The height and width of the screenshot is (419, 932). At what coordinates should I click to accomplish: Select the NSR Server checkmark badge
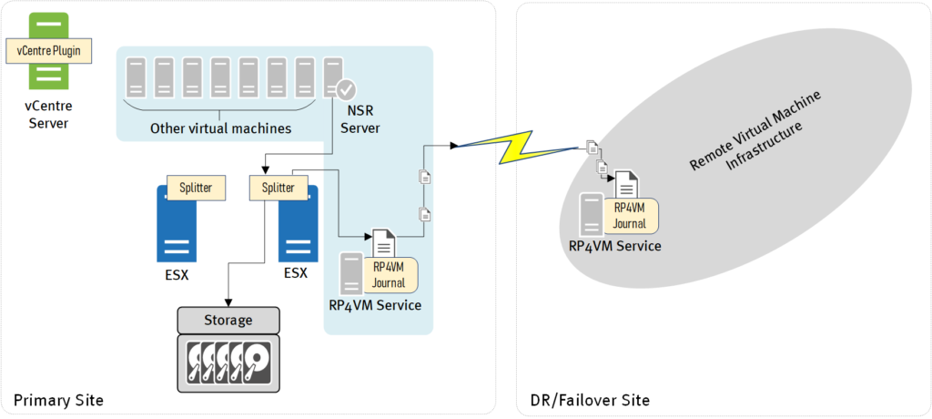(x=346, y=90)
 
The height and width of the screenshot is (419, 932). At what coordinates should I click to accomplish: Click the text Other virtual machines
(x=220, y=128)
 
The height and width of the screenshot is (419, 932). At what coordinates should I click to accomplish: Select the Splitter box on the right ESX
(x=278, y=188)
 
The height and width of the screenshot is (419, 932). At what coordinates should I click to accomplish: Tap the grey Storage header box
(x=228, y=321)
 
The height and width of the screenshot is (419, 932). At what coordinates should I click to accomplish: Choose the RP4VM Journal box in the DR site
(x=630, y=216)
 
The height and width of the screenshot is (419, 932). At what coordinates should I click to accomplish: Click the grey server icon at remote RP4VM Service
(x=592, y=215)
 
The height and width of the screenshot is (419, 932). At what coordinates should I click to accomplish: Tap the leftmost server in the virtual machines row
(x=136, y=78)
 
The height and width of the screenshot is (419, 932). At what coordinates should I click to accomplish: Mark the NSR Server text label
(x=358, y=118)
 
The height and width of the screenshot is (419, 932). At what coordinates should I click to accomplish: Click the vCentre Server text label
(x=49, y=115)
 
